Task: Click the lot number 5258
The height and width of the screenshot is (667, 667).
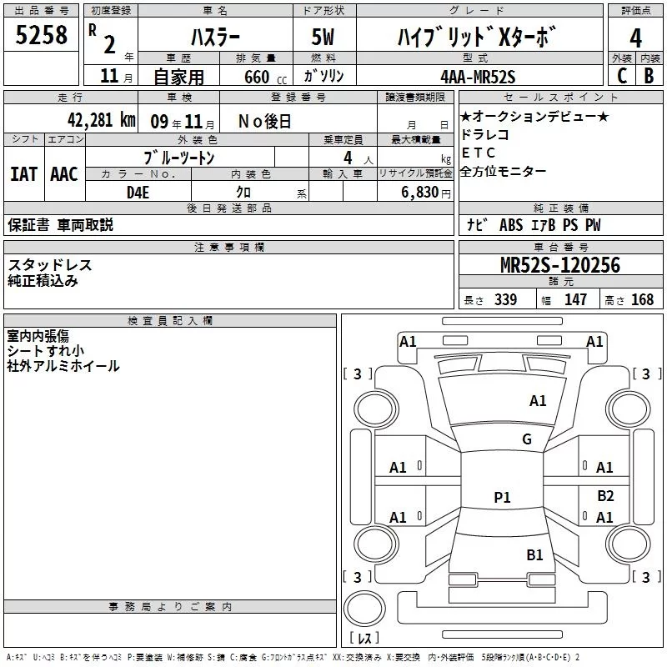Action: [x=42, y=34]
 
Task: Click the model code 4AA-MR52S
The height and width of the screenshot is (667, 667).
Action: [x=478, y=77]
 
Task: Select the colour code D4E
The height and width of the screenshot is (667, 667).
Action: [x=138, y=193]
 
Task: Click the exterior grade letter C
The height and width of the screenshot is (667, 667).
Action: [x=620, y=76]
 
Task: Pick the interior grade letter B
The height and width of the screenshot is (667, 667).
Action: [x=649, y=76]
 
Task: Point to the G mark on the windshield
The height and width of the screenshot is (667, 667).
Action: [x=526, y=439]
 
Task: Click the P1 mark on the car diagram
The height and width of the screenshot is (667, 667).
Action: [x=502, y=497]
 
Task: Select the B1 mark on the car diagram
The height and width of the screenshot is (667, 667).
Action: [x=534, y=554]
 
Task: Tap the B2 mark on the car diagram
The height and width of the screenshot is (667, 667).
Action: [x=605, y=495]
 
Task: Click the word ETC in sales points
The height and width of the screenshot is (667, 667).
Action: [x=478, y=153]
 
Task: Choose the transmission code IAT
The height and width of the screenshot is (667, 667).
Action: [x=23, y=174]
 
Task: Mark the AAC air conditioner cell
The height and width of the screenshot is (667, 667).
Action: [x=63, y=174]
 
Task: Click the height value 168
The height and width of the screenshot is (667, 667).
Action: [x=642, y=300]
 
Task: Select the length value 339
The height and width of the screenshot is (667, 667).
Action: [x=505, y=300]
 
